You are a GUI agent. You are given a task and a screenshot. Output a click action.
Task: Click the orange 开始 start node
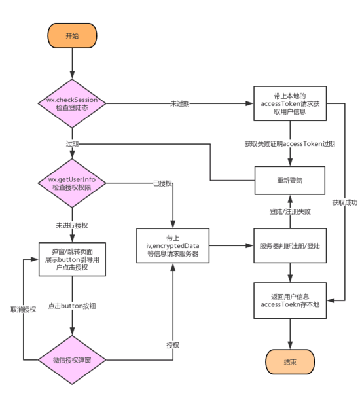click(72, 36)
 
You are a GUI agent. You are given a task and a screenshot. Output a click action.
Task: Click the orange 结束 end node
click(289, 361)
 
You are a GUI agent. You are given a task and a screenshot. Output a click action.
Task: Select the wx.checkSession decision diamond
click(72, 103)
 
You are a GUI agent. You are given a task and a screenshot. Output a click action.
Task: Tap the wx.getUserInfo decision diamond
click(72, 183)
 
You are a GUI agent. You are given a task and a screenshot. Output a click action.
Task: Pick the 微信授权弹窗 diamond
click(72, 359)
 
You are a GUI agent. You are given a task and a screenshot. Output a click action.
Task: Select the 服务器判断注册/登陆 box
click(289, 245)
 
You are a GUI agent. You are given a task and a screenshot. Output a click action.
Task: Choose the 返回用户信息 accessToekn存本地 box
click(289, 300)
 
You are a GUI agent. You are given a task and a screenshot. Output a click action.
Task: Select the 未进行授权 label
click(72, 225)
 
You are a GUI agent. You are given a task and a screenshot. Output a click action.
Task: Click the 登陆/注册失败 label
click(289, 211)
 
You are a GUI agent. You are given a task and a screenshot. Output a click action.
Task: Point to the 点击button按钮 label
click(72, 306)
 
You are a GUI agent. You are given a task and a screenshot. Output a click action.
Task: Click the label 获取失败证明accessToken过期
click(289, 143)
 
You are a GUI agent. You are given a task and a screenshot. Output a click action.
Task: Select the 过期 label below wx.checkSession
click(71, 142)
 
